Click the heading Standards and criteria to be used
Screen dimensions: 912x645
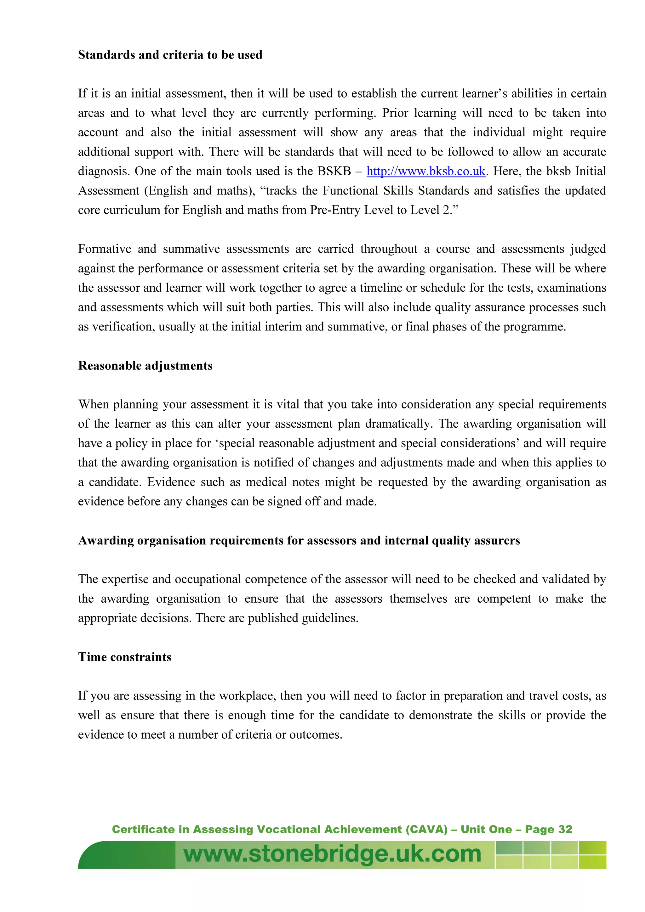(170, 55)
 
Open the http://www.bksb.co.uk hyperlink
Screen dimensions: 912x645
(425, 171)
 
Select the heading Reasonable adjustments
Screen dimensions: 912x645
(145, 365)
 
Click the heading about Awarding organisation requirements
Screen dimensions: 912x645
(299, 540)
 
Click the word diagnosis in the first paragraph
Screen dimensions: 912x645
(103, 171)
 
